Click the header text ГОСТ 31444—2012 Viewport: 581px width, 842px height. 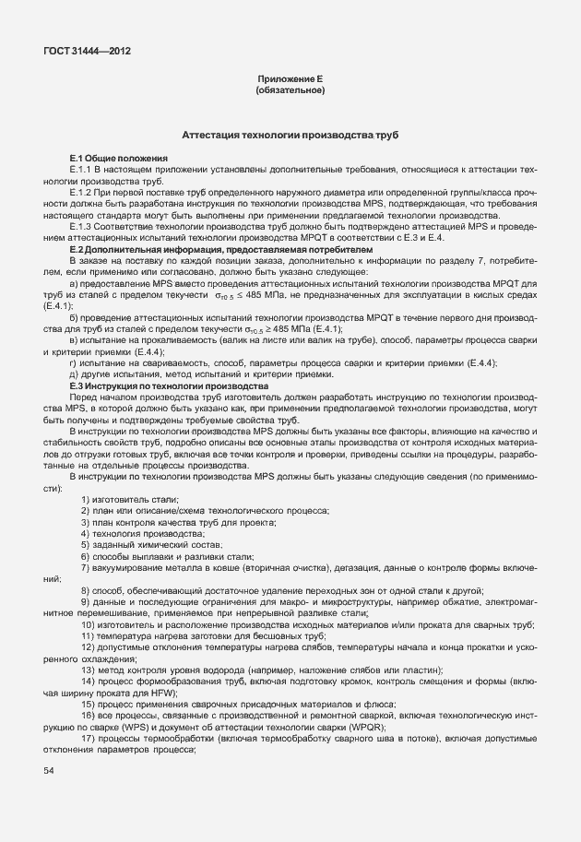click(x=86, y=51)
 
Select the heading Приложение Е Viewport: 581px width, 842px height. click(x=289, y=81)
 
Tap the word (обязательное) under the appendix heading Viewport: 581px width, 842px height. click(x=289, y=91)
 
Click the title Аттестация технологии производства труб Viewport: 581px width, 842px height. click(x=290, y=135)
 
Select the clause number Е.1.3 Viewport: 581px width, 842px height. click(x=83, y=226)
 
